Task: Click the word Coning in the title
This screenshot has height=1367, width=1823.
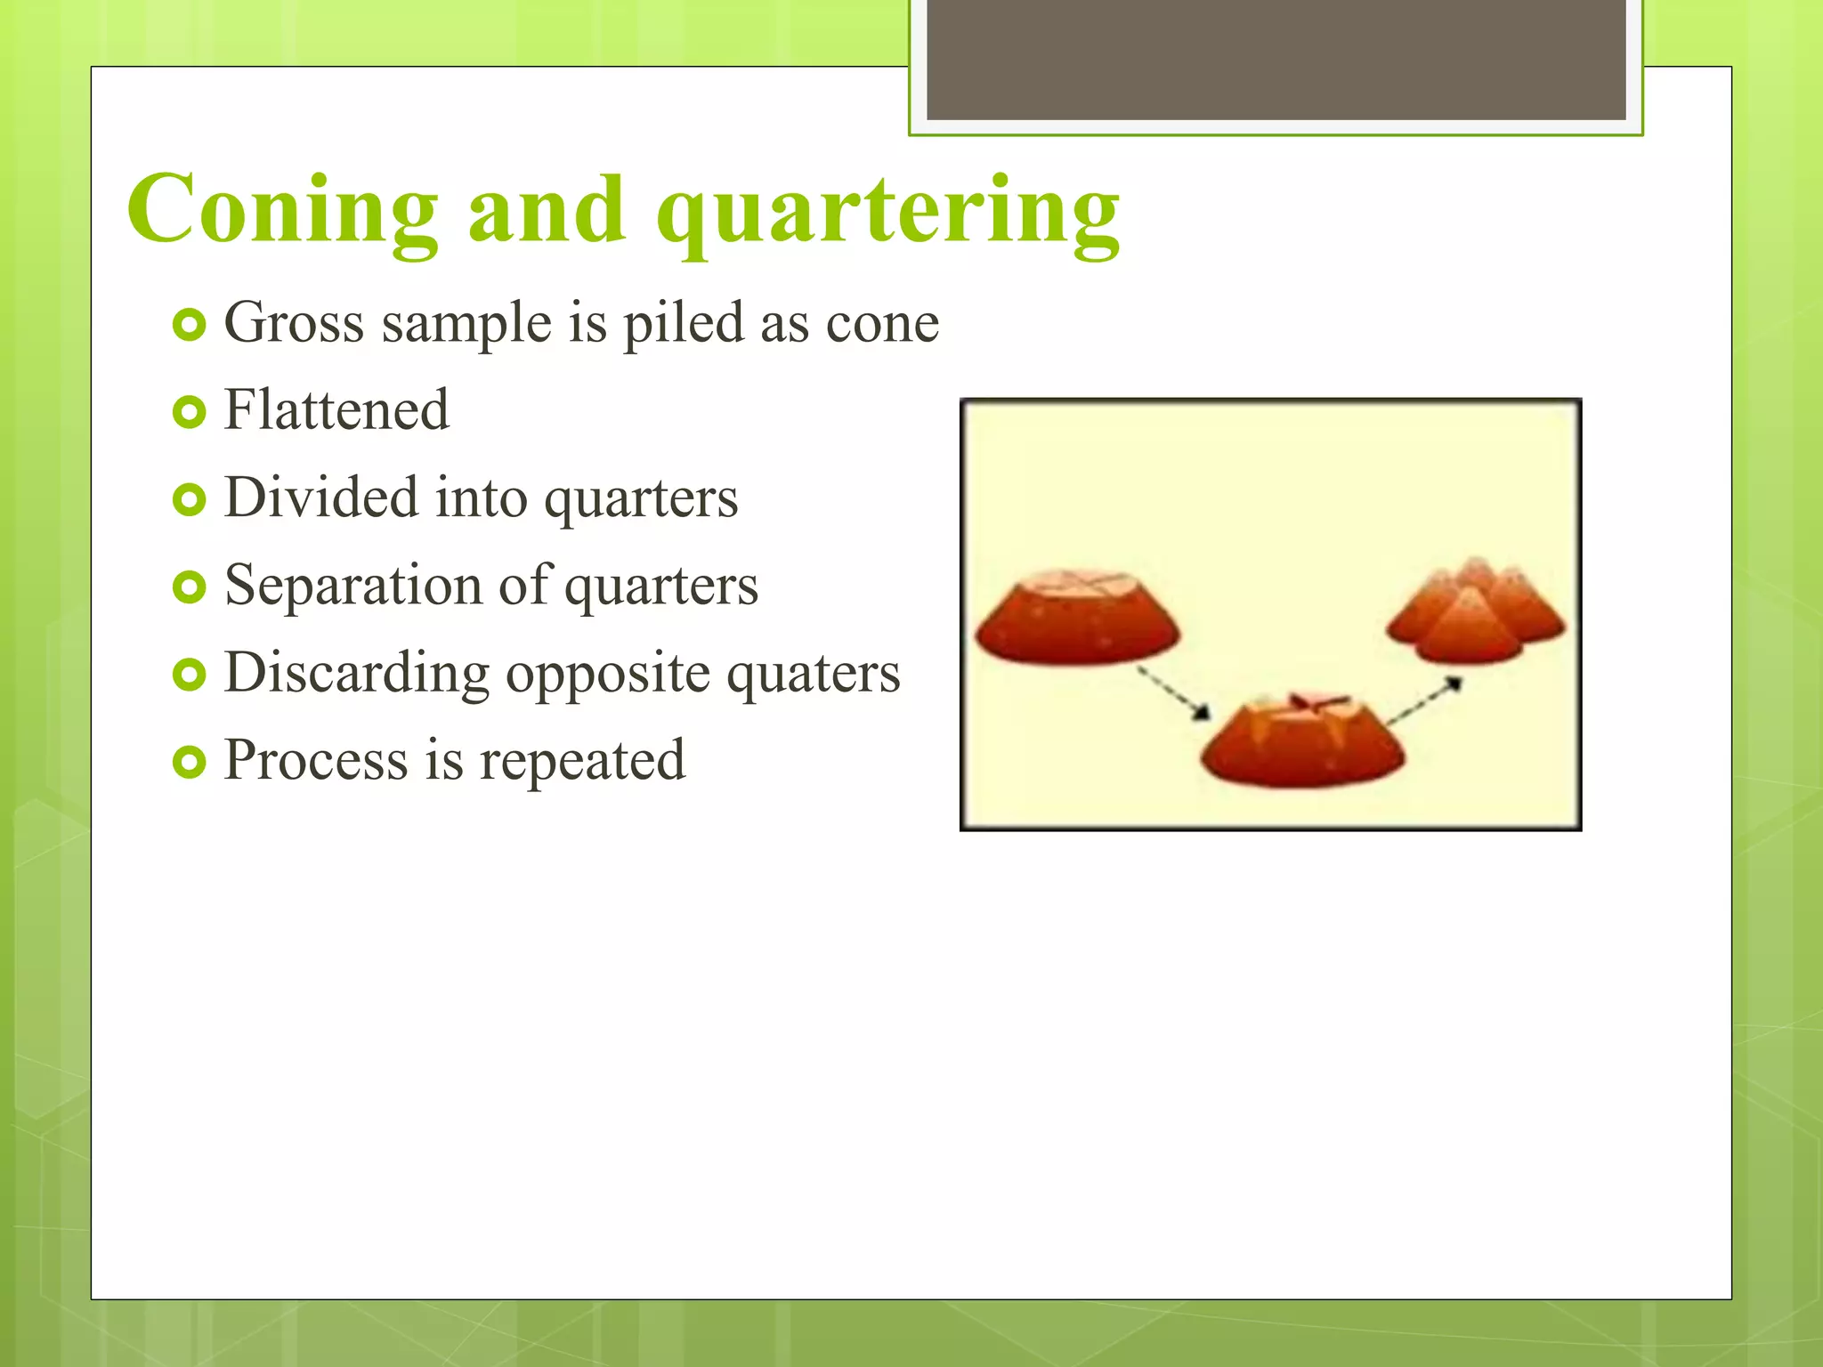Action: click(283, 210)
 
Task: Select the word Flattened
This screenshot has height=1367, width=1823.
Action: click(336, 410)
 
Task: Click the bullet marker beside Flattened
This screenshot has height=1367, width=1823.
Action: click(189, 412)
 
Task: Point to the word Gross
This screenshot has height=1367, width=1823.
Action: click(294, 322)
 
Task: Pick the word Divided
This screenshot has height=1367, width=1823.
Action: click(320, 497)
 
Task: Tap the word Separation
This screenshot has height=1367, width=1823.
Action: click(352, 586)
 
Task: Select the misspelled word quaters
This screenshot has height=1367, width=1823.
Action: click(813, 674)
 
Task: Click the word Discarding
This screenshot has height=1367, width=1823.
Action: click(356, 674)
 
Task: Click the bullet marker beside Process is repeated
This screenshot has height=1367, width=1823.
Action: click(189, 762)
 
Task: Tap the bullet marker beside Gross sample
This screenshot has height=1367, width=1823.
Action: click(189, 325)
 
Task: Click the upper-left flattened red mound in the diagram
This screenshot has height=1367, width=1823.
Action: click(1077, 619)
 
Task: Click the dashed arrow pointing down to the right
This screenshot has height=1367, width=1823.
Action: click(1174, 694)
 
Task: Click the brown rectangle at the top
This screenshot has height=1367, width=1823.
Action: click(1276, 59)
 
